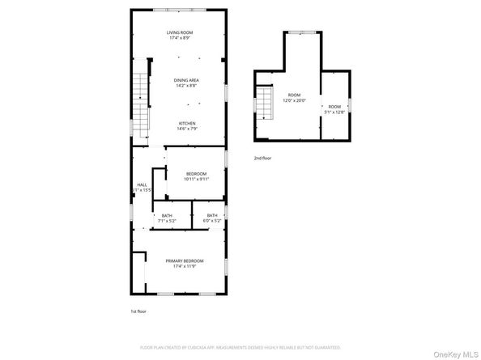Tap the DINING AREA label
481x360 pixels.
click(187, 79)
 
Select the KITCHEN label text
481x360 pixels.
click(187, 123)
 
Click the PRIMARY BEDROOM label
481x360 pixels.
click(185, 260)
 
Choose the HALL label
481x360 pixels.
click(142, 184)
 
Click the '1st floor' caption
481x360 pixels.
click(139, 311)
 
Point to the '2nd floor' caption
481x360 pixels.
click(263, 159)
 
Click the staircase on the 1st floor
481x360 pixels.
click(141, 97)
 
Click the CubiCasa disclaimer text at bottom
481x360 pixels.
click(240, 346)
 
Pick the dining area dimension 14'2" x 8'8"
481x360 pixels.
click(187, 85)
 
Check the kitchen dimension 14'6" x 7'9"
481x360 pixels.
click(187, 129)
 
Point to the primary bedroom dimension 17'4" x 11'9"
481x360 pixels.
click(185, 266)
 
